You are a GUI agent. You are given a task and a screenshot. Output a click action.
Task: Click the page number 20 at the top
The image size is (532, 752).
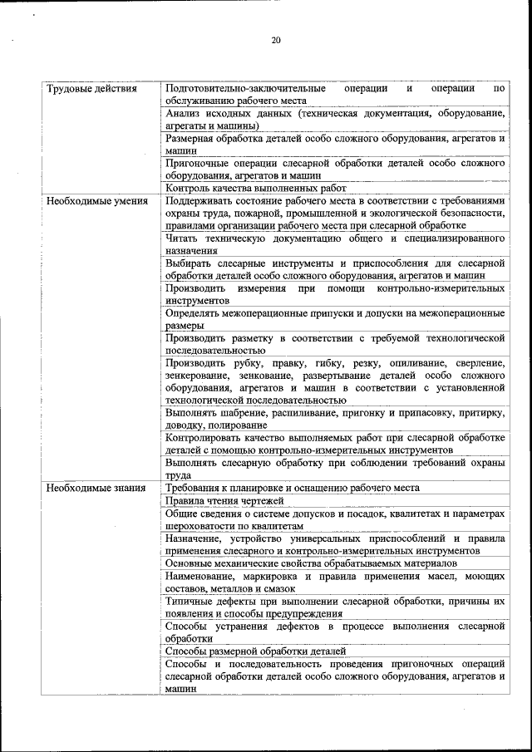coord(275,41)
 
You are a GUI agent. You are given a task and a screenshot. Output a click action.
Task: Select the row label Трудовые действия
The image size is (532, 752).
coord(91,88)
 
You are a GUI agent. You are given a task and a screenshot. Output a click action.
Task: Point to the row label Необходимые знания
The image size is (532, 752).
coord(96,488)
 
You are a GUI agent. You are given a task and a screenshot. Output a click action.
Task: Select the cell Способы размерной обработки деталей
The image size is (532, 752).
coord(255,651)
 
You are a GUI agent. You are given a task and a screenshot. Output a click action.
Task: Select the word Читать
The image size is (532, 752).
coord(184,238)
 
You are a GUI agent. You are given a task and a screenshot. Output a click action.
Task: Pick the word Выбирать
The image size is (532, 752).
coord(190,263)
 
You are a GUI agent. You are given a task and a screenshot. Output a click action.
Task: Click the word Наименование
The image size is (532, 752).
coord(204,575)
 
